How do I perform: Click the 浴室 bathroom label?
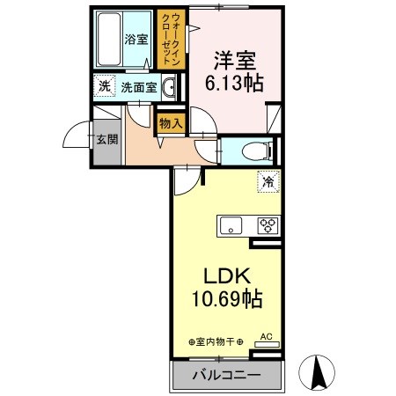[x=136, y=40]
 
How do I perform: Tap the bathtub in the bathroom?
[x=110, y=40]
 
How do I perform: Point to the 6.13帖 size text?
[x=234, y=85]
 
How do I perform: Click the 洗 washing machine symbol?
[x=105, y=86]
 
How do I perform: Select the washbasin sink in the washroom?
[x=171, y=86]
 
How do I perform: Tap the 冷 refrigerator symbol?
[x=265, y=183]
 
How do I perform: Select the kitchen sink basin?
[x=231, y=225]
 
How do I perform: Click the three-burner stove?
[x=266, y=225]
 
